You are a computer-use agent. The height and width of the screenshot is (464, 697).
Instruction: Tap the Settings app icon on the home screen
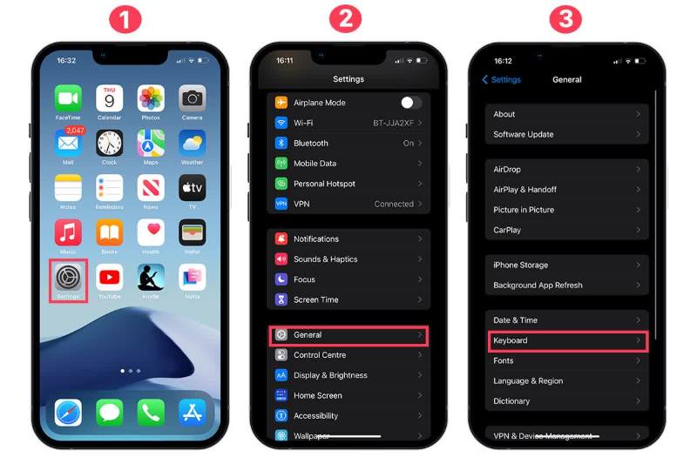(68, 278)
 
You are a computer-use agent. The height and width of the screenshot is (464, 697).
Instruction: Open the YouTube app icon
(109, 278)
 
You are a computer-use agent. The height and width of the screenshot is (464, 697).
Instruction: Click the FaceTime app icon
(68, 98)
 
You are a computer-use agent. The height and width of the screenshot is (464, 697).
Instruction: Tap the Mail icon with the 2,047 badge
(68, 144)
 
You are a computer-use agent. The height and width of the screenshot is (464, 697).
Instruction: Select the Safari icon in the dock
(68, 412)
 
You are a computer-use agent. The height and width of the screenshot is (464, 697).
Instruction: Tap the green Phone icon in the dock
(151, 412)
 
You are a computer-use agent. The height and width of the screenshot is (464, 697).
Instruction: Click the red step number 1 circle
(128, 20)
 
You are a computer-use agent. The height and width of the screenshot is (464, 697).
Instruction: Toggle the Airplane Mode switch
(410, 103)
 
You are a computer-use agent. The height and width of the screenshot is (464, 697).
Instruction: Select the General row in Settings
(348, 335)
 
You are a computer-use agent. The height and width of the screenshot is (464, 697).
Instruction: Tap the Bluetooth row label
(311, 143)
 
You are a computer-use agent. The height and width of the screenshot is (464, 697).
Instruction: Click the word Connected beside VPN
(394, 204)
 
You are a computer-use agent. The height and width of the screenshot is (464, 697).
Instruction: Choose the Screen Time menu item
(316, 299)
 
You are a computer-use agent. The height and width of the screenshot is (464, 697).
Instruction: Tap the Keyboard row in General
(566, 340)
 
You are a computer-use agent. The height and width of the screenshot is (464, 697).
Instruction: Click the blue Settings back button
(502, 80)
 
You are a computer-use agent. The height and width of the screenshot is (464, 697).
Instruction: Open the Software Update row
(566, 134)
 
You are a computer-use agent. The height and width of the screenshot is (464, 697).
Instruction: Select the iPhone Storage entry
(566, 265)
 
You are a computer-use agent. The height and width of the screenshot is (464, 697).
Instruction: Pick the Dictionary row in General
(566, 401)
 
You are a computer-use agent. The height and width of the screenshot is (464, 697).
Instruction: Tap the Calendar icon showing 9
(109, 98)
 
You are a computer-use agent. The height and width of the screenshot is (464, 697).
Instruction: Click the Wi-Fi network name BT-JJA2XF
(393, 123)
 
